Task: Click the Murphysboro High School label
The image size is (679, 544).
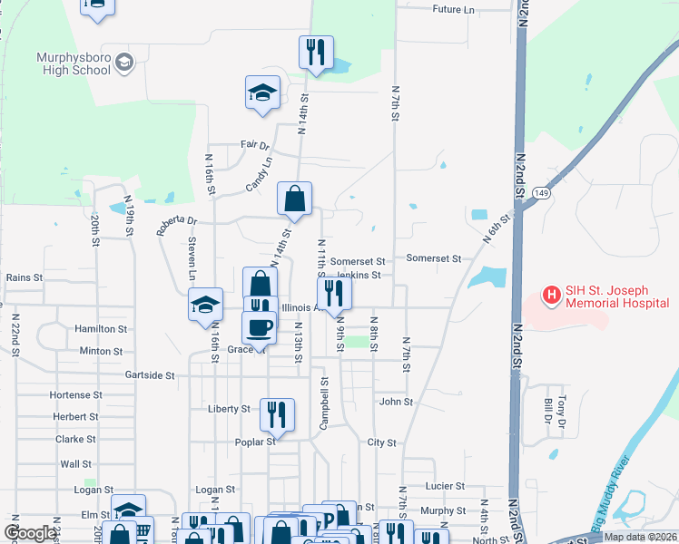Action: tap(73, 63)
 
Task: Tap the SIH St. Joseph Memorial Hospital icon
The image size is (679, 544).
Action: tap(550, 296)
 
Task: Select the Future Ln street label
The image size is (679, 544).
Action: tap(454, 10)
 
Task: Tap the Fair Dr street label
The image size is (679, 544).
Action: tap(255, 145)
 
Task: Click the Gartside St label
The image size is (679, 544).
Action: tap(150, 374)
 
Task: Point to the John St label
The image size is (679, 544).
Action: tap(396, 402)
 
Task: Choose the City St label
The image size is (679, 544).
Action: tap(382, 443)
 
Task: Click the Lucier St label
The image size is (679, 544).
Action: tap(445, 487)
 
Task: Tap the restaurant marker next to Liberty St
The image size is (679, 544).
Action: tap(278, 413)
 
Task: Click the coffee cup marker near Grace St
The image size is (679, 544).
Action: tap(259, 326)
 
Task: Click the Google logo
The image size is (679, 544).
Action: tap(31, 533)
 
